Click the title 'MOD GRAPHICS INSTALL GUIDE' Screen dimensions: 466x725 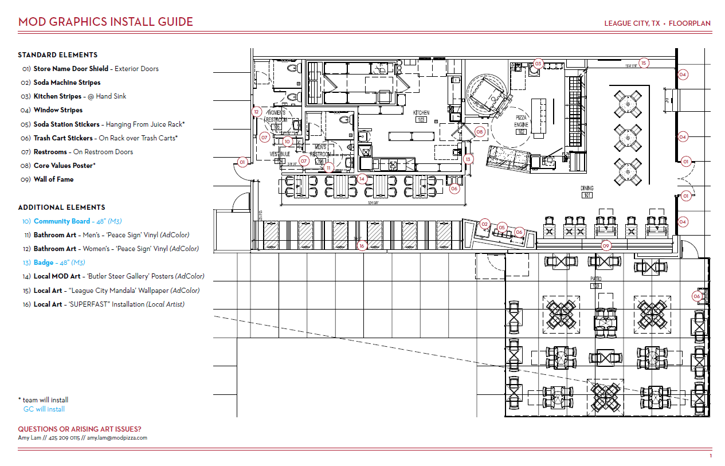105,22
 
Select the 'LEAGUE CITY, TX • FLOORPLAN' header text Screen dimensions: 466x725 657,24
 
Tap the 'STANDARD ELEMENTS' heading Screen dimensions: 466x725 57,55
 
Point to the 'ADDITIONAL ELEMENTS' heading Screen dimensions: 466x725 61,207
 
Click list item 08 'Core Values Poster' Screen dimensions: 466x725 64,166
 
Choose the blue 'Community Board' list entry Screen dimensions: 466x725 62,221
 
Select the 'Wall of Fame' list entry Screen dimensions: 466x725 53,179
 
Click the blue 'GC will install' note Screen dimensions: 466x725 44,409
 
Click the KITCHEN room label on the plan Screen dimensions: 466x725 421,113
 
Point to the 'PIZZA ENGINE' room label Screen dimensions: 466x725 522,121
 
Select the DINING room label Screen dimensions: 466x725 586,189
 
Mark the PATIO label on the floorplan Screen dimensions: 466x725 596,279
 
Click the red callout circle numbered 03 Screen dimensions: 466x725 538,64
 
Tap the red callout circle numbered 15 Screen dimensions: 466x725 644,63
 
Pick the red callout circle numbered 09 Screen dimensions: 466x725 606,246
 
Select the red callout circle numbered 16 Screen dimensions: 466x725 362,246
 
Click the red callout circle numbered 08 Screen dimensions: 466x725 480,132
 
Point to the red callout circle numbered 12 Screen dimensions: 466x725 257,112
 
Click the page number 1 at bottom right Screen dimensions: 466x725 711,456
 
